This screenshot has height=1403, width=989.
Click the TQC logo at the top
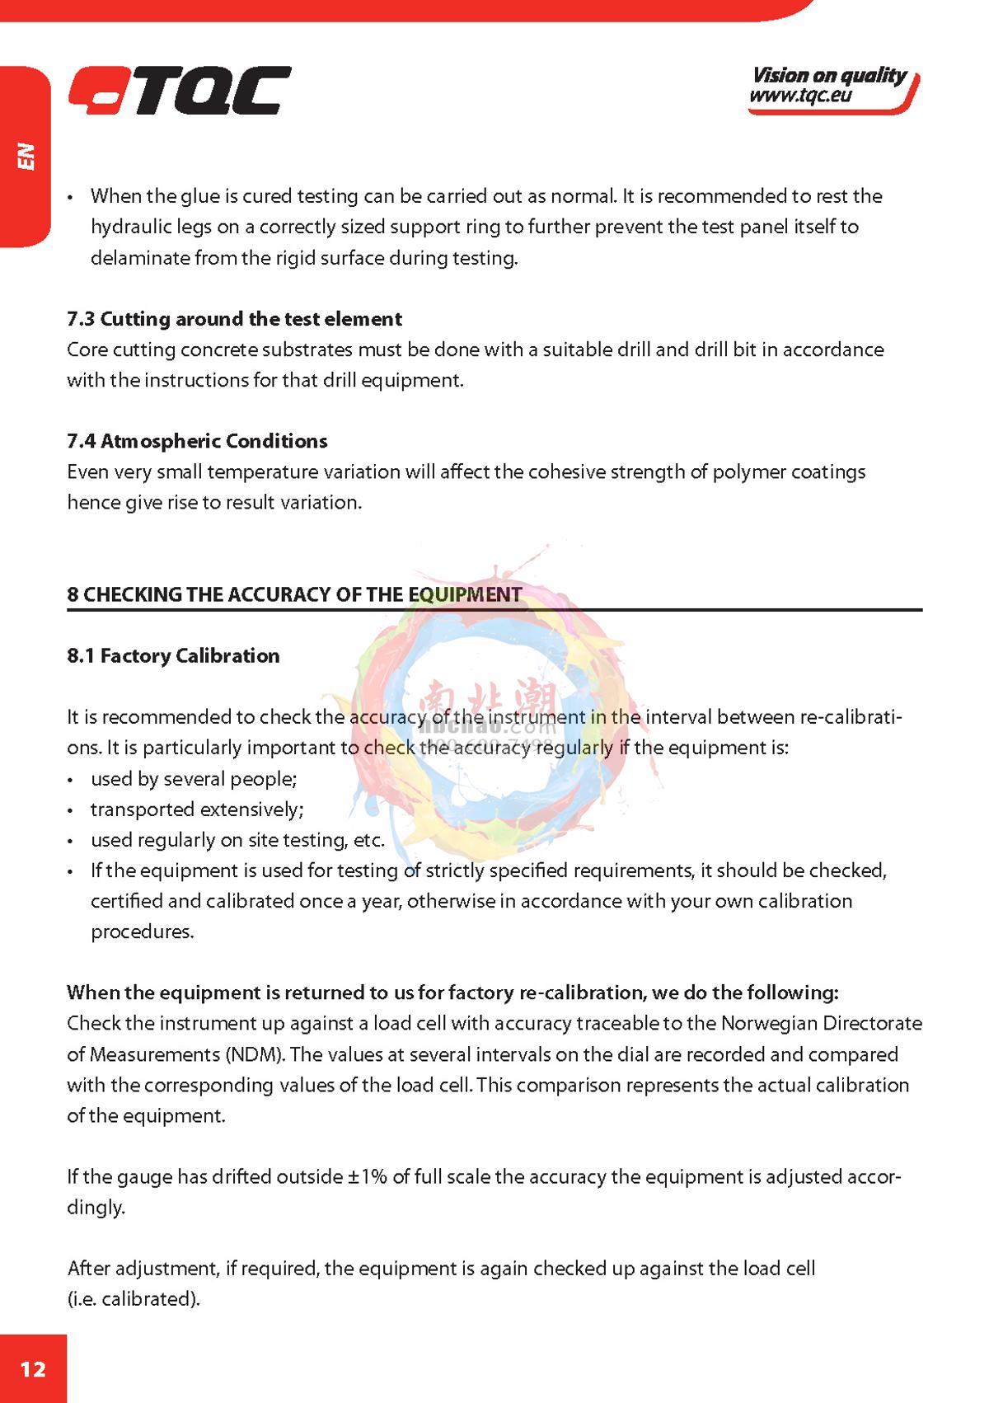(180, 91)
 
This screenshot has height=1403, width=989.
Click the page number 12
(33, 1369)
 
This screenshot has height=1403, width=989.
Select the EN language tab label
(27, 156)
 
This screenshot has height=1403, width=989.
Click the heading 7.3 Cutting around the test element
(234, 319)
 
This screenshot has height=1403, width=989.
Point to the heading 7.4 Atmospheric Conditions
(197, 441)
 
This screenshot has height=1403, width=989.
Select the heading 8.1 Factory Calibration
(173, 655)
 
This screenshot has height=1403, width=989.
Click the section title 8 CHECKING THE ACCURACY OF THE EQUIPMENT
(294, 594)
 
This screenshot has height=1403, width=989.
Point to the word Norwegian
(772, 1023)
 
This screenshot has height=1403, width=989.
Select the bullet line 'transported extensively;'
(197, 809)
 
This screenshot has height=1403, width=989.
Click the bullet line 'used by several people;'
(194, 779)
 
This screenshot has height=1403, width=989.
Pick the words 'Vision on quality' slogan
(828, 75)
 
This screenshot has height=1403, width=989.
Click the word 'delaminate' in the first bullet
(140, 258)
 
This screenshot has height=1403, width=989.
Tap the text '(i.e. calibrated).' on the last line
(134, 1298)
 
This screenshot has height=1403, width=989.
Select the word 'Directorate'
(875, 1023)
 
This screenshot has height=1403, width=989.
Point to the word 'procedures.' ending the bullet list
(142, 931)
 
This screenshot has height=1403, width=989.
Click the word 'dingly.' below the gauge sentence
(96, 1208)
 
